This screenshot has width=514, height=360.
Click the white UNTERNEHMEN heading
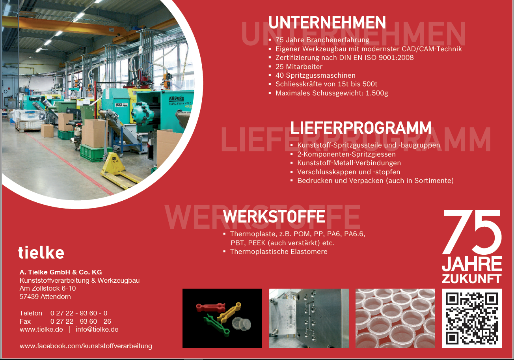coord(327,22)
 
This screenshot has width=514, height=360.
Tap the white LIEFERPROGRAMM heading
coord(361,128)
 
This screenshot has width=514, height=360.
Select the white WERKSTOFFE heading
coord(274,216)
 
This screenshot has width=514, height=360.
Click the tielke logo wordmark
coord(41,252)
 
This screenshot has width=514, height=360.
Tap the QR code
coord(472,319)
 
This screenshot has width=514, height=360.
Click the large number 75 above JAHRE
coord(472,232)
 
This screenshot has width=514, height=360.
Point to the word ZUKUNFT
coord(472,279)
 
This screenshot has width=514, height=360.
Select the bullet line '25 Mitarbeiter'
coord(299,67)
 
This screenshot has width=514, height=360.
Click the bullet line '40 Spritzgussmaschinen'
coord(315,75)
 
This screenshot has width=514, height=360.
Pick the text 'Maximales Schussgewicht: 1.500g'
coord(332,93)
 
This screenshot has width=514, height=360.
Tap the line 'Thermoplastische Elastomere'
coord(279,252)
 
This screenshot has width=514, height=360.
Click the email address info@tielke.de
coord(97,330)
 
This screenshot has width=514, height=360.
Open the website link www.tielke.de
coord(41,330)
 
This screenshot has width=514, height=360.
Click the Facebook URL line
coord(86,346)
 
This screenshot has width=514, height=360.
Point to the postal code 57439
coord(29,297)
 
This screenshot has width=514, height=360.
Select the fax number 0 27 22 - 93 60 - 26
coord(81,321)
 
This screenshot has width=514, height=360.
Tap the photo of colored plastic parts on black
coord(222,319)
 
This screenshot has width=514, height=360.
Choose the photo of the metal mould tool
coord(309,319)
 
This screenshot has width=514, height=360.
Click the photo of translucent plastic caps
coord(395,319)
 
